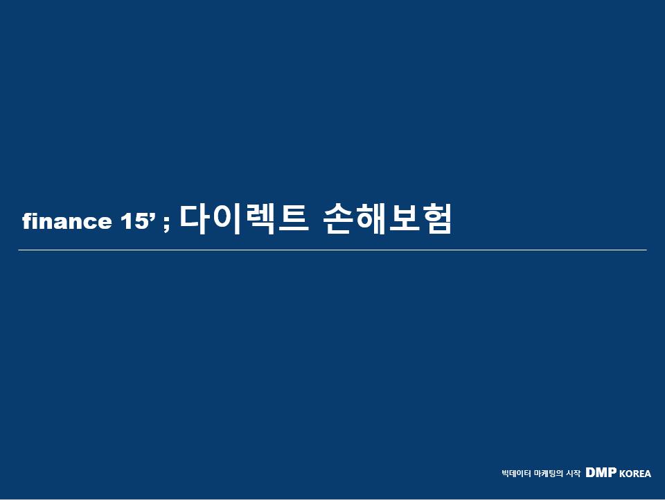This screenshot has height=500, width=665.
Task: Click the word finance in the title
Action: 67,221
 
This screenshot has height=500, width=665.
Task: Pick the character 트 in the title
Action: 293,219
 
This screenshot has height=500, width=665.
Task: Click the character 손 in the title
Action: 338,219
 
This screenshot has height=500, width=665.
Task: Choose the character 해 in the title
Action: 370,218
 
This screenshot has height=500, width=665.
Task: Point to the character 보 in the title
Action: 403,219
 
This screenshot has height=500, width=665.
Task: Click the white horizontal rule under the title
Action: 332,250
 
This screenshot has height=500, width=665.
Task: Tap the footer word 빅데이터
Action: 515,473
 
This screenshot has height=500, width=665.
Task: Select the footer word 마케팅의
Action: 549,473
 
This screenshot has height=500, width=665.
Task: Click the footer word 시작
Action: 574,473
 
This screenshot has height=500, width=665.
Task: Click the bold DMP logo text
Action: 601,472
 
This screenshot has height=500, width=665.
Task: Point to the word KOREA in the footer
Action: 635,474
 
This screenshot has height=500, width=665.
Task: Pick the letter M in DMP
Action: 601,472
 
